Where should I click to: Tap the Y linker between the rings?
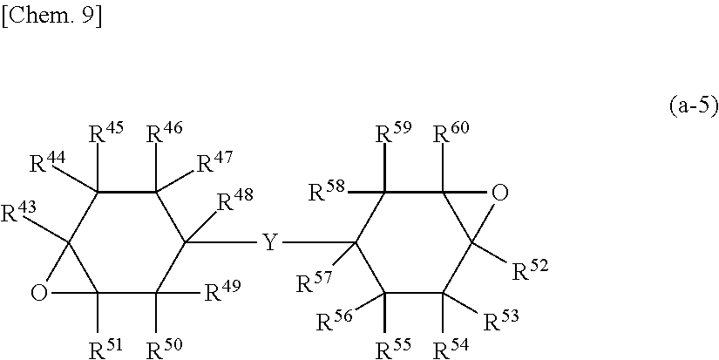click(x=270, y=242)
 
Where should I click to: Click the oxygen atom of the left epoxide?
click(x=38, y=293)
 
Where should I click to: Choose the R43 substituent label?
click(x=17, y=211)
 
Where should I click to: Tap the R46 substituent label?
click(x=162, y=135)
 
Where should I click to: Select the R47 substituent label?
click(x=213, y=162)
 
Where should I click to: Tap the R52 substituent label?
click(x=529, y=270)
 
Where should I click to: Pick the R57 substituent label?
click(x=313, y=283)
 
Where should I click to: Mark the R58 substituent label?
click(x=328, y=190)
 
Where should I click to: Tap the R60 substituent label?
click(x=451, y=135)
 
